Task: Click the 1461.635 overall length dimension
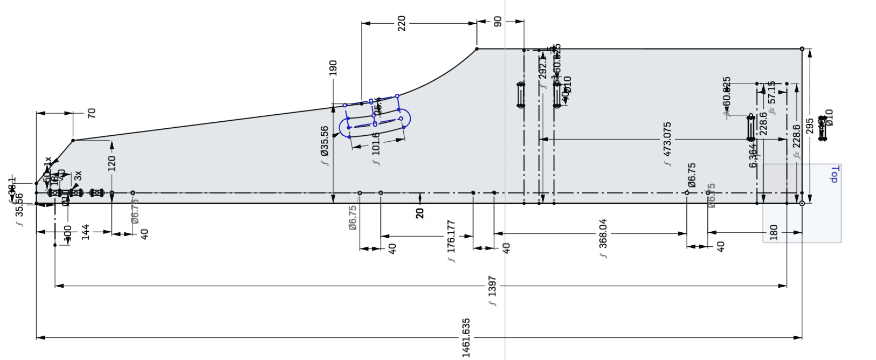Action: pyautogui.click(x=466, y=337)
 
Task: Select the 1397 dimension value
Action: pyautogui.click(x=492, y=286)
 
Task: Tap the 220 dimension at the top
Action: pyautogui.click(x=401, y=23)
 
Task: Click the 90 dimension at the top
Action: pyautogui.click(x=498, y=22)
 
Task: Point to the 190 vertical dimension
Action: pyautogui.click(x=333, y=68)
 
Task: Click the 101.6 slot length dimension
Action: pyautogui.click(x=376, y=144)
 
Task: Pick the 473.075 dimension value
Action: pyautogui.click(x=667, y=139)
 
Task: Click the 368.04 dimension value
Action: pyautogui.click(x=603, y=233)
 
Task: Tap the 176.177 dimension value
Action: pyautogui.click(x=451, y=236)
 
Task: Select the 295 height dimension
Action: pyautogui.click(x=810, y=126)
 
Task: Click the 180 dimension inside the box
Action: pyautogui.click(x=774, y=232)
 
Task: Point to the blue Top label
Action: pyautogui.click(x=834, y=175)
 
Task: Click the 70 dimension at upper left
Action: pyautogui.click(x=91, y=113)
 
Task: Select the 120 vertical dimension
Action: pyautogui.click(x=112, y=163)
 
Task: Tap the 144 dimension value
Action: pyautogui.click(x=85, y=232)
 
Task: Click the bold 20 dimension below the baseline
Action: pyautogui.click(x=420, y=213)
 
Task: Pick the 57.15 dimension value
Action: pyautogui.click(x=772, y=93)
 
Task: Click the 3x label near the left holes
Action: pyautogui.click(x=78, y=176)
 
